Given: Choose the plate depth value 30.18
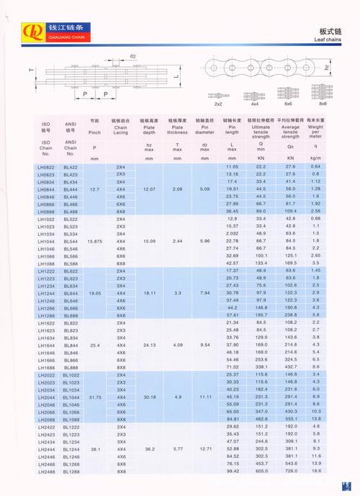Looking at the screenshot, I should pos(149,397).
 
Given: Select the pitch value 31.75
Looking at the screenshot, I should pos(94,397).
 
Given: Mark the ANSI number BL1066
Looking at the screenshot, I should pos(71,412).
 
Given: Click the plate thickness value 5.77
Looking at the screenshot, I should pos(176,449).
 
